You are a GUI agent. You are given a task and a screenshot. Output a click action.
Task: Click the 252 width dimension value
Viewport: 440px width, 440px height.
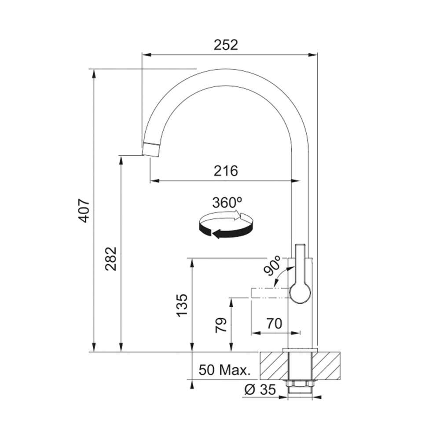coord(226,45)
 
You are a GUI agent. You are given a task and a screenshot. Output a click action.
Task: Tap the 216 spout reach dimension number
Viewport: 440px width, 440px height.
coord(226,171)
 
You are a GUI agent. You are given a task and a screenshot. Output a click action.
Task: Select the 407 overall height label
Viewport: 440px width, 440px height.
coord(84,210)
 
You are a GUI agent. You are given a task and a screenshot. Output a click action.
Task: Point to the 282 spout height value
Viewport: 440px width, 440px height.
coord(111,258)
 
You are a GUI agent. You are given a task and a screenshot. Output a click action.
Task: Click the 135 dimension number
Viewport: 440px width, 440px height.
coord(182,305)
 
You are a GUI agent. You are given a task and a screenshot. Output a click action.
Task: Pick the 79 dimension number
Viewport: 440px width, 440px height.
coord(221,325)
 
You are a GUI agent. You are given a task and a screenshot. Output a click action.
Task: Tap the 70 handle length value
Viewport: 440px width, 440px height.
coord(274,323)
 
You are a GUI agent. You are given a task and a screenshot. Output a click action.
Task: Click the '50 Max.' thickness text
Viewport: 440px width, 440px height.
coord(224,370)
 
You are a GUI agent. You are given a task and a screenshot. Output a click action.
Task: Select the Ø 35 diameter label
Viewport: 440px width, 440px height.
coord(260,389)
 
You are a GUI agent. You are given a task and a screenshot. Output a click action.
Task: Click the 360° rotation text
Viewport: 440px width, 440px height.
coord(227,202)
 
